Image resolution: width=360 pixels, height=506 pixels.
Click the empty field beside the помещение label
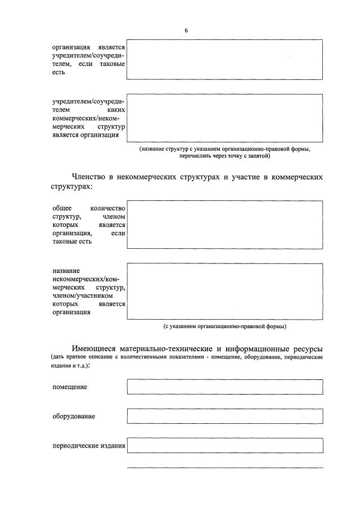click(225, 387)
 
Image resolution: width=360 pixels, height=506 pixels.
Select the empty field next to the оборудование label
click(225, 416)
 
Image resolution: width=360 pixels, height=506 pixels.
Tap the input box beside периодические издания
click(225, 446)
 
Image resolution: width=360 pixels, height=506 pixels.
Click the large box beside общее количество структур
click(225, 225)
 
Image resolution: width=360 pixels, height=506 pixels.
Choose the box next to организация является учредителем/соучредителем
click(225, 60)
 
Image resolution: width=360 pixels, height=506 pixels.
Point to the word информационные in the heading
click(253, 349)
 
